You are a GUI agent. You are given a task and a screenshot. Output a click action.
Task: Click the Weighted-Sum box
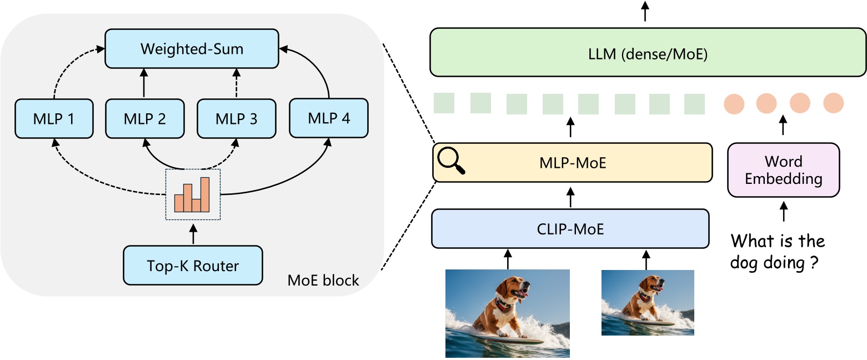click(192, 49)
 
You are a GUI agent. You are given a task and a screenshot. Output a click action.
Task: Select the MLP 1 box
click(54, 119)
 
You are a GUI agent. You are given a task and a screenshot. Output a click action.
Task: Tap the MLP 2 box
click(144, 119)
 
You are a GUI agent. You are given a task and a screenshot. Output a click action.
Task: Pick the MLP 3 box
click(237, 119)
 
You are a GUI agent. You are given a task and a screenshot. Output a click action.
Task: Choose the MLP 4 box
click(329, 118)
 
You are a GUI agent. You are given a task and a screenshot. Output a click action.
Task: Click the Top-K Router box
click(193, 266)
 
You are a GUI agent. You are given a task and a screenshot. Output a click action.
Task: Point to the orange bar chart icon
click(192, 194)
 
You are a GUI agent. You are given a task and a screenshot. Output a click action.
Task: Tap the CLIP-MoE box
click(570, 228)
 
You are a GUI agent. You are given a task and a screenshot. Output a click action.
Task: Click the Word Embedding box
click(783, 170)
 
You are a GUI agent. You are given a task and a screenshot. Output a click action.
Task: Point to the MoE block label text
click(323, 281)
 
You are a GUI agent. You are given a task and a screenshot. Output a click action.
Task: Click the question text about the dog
click(778, 252)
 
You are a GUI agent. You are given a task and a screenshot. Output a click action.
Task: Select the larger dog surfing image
click(507, 313)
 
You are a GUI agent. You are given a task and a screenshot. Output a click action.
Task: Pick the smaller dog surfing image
click(647, 302)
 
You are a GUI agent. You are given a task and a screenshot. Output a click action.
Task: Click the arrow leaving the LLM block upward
click(645, 11)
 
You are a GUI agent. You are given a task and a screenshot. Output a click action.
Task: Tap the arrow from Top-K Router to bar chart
click(193, 234)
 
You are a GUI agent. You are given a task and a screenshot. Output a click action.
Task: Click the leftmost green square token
click(444, 103)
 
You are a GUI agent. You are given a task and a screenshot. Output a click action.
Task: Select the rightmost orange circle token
click(833, 103)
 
